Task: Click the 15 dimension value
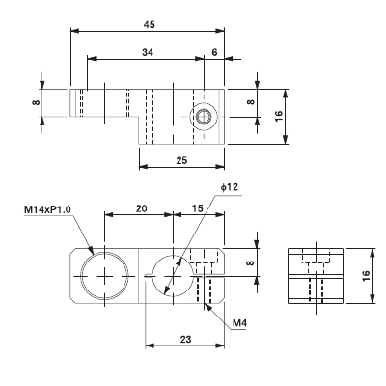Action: (x=198, y=208)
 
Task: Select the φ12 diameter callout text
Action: (x=228, y=186)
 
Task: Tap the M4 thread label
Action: (x=238, y=323)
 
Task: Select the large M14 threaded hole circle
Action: (x=103, y=274)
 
